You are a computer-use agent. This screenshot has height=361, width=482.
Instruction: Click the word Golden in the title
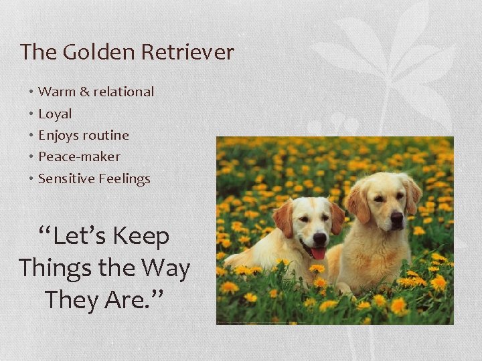point(89,52)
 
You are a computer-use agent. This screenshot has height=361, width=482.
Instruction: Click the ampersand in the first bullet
point(85,92)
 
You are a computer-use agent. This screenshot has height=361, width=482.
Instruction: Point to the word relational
point(124,92)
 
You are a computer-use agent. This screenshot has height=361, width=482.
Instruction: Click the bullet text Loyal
point(55,114)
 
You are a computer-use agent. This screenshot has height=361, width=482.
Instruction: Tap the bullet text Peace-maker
point(79,156)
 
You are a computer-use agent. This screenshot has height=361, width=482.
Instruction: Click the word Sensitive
point(66,178)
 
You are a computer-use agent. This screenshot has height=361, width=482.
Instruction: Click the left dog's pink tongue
point(319,253)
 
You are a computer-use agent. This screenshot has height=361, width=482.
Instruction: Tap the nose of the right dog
point(397,217)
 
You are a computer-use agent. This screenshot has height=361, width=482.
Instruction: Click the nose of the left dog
point(319,237)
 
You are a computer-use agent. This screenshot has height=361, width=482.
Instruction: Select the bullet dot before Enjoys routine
point(31,135)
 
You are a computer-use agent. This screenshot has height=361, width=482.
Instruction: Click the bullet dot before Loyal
point(31,114)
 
